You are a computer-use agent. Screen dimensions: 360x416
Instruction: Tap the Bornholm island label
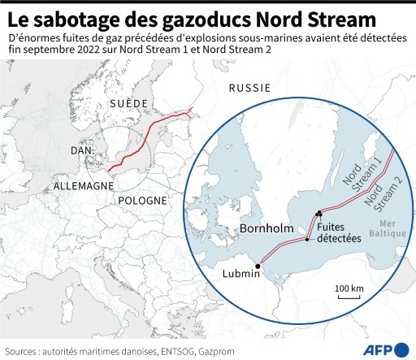[267, 229]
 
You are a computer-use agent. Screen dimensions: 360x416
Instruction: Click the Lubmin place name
[241, 274]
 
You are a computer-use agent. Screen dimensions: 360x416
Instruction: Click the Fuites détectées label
[340, 234]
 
